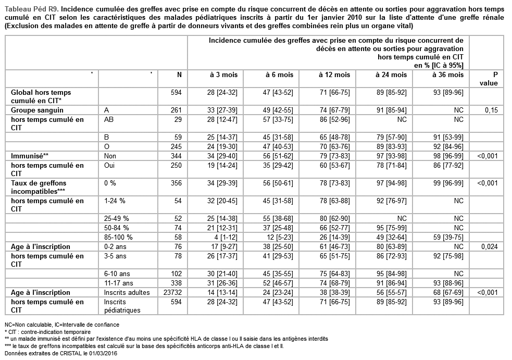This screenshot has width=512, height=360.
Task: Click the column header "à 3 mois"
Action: click(x=223, y=75)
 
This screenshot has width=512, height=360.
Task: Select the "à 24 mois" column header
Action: click(x=392, y=75)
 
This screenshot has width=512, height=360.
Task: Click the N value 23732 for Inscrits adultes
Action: click(x=171, y=292)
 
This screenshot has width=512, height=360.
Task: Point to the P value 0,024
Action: click(x=488, y=247)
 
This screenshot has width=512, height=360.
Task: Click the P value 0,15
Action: click(x=490, y=110)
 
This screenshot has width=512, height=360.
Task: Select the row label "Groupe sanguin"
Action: click(x=38, y=110)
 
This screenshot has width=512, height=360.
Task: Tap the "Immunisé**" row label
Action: click(x=30, y=156)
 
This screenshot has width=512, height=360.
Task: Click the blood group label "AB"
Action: click(x=109, y=119)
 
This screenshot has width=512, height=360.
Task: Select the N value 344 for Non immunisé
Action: click(x=176, y=156)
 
